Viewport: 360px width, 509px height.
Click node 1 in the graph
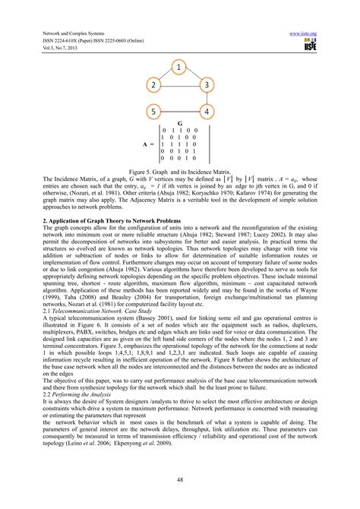pyautogui.click(x=178, y=68)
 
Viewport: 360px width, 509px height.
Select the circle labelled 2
pyautogui.click(x=153, y=84)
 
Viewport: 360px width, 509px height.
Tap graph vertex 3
pyautogui.click(x=207, y=84)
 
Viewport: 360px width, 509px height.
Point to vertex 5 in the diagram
pyautogui.click(x=153, y=112)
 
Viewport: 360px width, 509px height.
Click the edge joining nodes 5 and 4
pyautogui.click(x=180, y=112)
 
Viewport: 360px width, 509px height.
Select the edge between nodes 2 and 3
pyautogui.click(x=180, y=84)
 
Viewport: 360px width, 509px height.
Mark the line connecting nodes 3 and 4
pyautogui.click(x=207, y=99)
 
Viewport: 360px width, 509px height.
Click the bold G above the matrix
pyautogui.click(x=179, y=123)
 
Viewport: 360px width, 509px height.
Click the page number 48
pyautogui.click(x=180, y=479)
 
